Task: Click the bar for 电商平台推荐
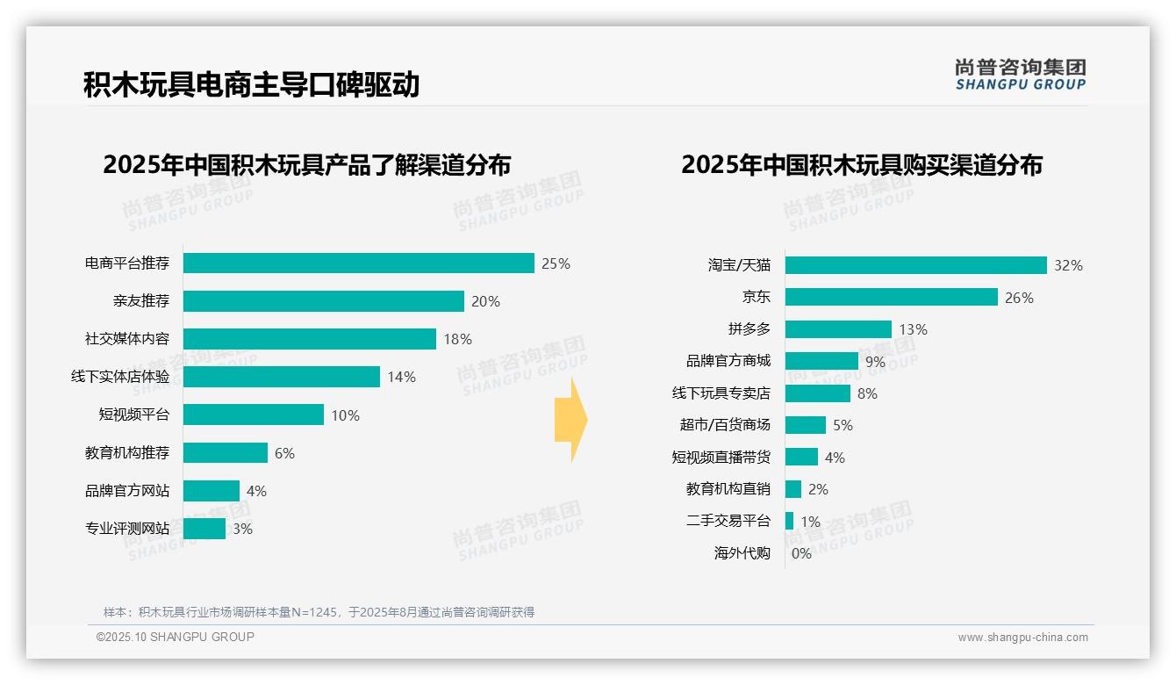tap(358, 263)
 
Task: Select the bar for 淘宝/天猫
tap(915, 265)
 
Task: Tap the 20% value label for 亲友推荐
tap(485, 301)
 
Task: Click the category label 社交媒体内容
tap(127, 339)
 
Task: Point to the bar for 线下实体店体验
tap(281, 377)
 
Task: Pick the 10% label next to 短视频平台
tap(345, 415)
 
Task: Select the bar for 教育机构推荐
tap(225, 453)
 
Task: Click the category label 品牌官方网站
tap(127, 491)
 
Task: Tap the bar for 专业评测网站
tap(204, 529)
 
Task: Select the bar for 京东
tap(891, 298)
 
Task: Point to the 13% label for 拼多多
tap(913, 329)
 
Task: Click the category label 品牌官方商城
tap(728, 361)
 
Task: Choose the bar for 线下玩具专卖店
tap(817, 393)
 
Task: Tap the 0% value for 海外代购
tap(801, 553)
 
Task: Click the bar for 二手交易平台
tap(789, 521)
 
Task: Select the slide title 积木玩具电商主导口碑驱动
tap(251, 84)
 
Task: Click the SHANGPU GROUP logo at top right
tap(1020, 75)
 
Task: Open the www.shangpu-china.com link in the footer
tap(1022, 638)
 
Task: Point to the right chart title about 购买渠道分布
tap(861, 165)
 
